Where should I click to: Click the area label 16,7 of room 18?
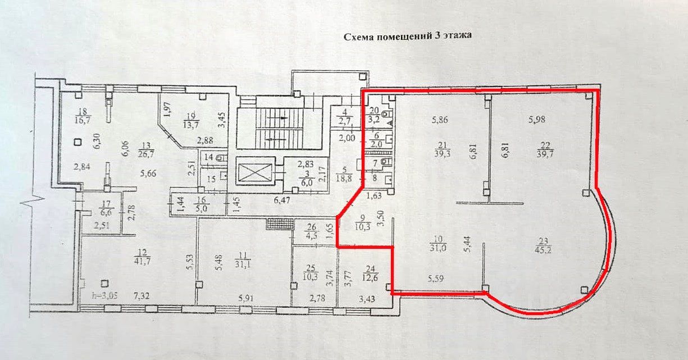click(85, 120)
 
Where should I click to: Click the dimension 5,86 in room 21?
click(442, 119)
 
